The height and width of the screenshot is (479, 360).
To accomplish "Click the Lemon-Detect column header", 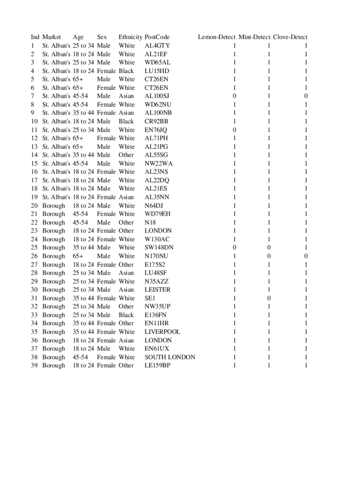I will click(216, 37).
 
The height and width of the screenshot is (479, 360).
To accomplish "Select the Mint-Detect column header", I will click(254, 37).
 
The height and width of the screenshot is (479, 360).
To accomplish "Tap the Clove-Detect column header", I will click(290, 37).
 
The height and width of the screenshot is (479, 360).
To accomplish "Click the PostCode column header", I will click(157, 37).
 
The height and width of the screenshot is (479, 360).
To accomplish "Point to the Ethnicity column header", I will click(130, 37).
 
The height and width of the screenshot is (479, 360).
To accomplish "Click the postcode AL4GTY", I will click(158, 46).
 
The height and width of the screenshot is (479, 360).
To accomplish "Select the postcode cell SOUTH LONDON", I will click(170, 357).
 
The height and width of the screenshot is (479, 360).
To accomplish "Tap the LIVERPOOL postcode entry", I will click(162, 332).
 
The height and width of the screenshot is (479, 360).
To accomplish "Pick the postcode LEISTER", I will click(158, 290).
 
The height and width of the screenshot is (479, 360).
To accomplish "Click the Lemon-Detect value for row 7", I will click(234, 96).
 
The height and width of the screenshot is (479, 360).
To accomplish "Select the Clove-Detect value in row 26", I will click(306, 256).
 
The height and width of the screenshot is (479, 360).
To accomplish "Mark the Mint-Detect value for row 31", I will click(269, 298).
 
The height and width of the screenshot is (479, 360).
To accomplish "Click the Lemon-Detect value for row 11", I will click(234, 130).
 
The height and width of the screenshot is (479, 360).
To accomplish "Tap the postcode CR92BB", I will click(156, 121).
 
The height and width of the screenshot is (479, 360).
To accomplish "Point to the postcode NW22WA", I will click(158, 163).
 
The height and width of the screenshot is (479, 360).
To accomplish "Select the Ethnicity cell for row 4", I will click(126, 71).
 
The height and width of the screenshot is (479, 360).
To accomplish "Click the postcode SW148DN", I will click(159, 247).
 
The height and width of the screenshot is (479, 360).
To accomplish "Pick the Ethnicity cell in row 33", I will click(126, 315).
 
